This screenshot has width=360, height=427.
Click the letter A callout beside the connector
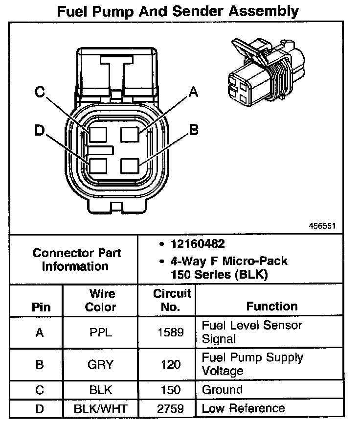(x=194, y=92)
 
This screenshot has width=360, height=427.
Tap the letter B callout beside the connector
(x=194, y=130)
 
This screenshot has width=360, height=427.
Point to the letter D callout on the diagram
(x=40, y=131)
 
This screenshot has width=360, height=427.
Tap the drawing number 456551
(x=322, y=226)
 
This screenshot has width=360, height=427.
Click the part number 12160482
(x=198, y=244)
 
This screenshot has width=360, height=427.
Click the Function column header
(x=272, y=307)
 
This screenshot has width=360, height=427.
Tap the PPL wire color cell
(x=101, y=332)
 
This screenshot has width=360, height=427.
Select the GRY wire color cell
(x=101, y=364)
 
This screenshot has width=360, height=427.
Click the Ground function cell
(x=222, y=390)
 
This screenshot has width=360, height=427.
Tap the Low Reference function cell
(x=243, y=408)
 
